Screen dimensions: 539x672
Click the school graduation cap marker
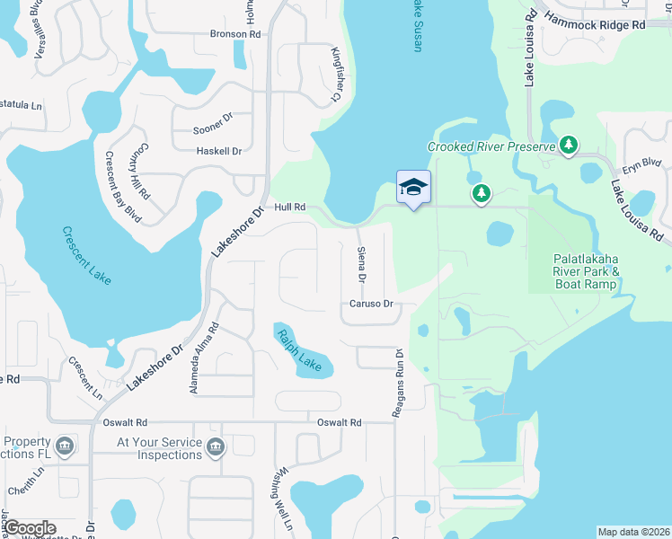pos(413,187)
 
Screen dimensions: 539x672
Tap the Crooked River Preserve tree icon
pos(568,145)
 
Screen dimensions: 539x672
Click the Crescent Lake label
pos(86,255)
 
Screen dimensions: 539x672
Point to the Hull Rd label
pos(290,207)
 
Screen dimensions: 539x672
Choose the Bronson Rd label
pos(234,34)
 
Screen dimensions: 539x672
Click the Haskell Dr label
pos(219,152)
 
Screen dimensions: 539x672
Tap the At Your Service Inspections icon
pos(215,446)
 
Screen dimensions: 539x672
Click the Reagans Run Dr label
pos(396,383)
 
